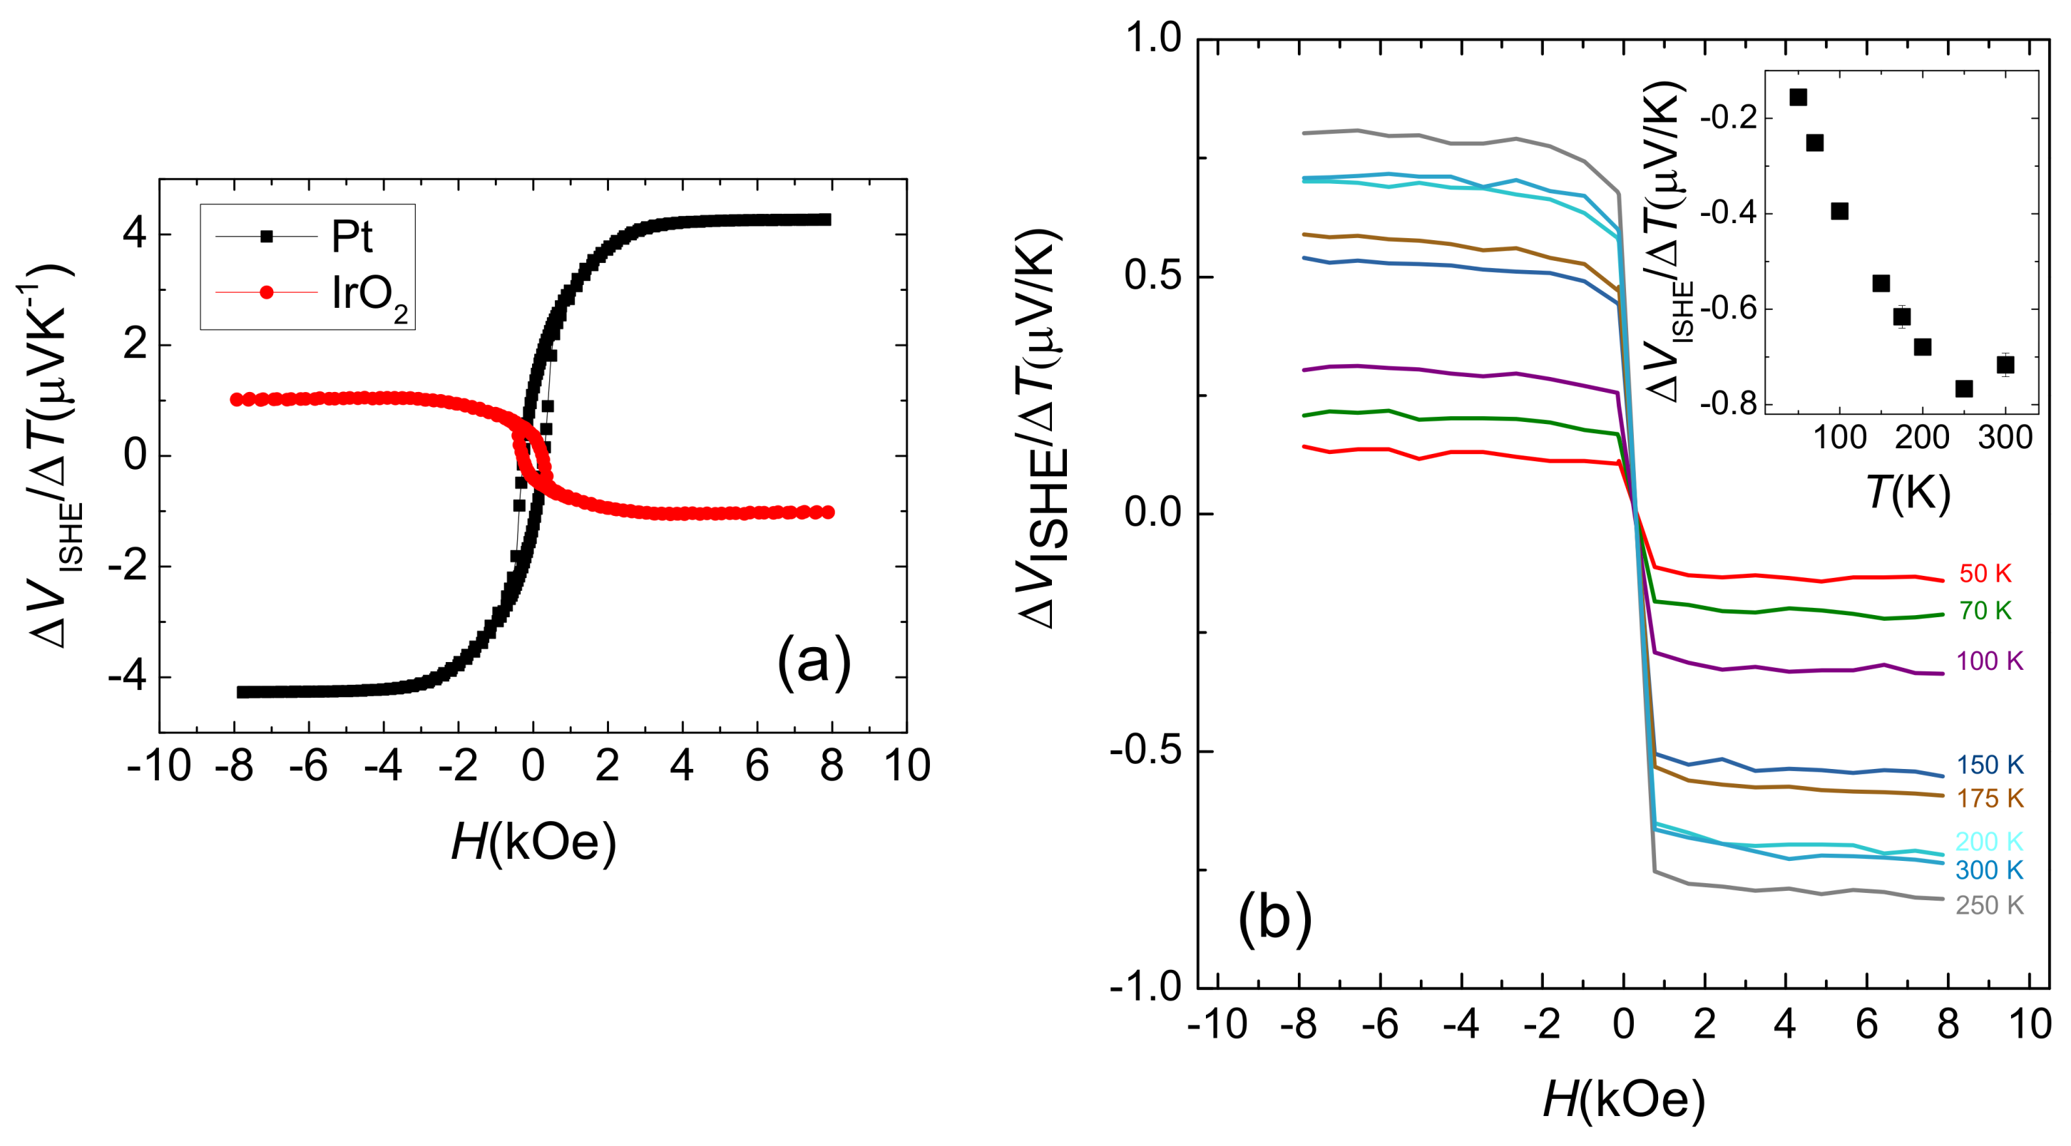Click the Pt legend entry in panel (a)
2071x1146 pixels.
coord(352,237)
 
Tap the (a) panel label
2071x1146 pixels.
coord(814,661)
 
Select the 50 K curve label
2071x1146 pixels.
coord(1984,574)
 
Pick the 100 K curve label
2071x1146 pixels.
coord(1988,661)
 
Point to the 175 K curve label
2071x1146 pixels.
coord(1988,799)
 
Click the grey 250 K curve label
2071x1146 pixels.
coord(1988,906)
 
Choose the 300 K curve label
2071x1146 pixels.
coord(1988,870)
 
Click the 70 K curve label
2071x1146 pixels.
coord(1984,611)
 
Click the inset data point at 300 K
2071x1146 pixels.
coord(2005,365)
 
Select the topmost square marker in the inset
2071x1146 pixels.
coord(1799,97)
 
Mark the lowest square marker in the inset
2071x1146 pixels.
coord(1964,389)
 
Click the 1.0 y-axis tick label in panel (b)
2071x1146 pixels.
coord(1152,38)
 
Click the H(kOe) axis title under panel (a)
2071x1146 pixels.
coord(533,842)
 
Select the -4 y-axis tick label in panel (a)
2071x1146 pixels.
coord(127,678)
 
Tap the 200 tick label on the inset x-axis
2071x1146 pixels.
coord(1921,439)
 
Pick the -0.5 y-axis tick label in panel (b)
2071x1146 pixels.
coord(1145,750)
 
